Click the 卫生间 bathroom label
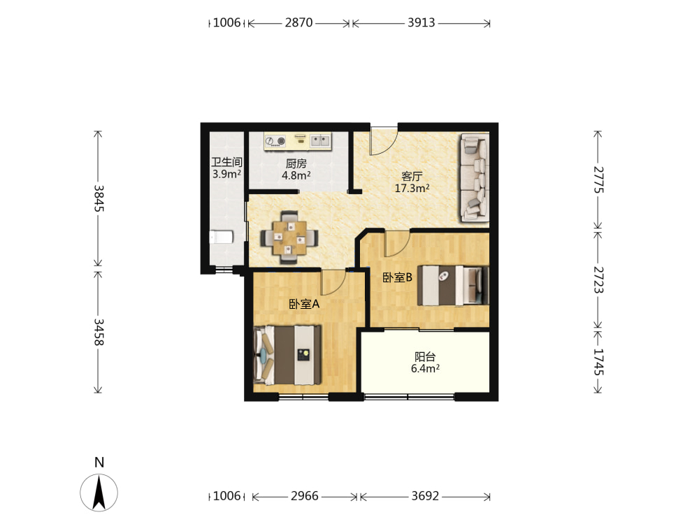227,162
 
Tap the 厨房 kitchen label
296,163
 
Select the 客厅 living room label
412,176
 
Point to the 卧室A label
304,304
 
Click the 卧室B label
397,277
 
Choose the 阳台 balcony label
425,356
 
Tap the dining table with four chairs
289,237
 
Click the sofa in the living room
475,177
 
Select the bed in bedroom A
287,355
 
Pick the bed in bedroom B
453,286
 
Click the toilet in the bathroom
221,237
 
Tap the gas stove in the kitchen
275,142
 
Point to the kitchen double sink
321,141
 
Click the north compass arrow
99,493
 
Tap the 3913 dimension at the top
421,23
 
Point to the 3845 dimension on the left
99,198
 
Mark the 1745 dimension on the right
598,362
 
